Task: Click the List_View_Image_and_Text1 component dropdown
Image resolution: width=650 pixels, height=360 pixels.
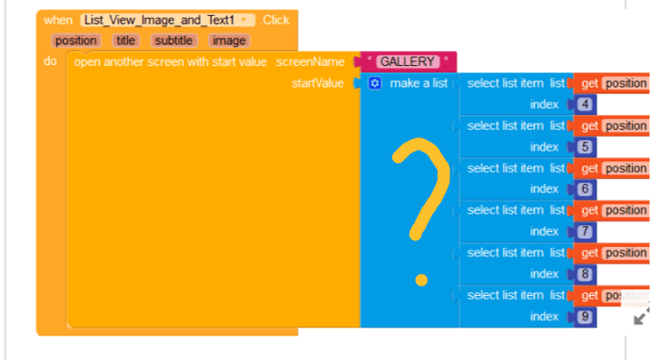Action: (168, 20)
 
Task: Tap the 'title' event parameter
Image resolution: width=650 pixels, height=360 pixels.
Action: (125, 41)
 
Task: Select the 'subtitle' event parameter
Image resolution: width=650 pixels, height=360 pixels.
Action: (173, 41)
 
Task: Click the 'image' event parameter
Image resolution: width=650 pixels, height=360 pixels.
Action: (229, 41)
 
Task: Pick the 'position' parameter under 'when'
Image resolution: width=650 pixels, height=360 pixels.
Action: (76, 41)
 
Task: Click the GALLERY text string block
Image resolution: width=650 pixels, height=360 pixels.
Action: (408, 62)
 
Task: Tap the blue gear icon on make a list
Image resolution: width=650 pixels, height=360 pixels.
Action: (375, 83)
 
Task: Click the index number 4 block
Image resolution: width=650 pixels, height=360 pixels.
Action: (585, 104)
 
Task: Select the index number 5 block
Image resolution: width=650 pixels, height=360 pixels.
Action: (585, 146)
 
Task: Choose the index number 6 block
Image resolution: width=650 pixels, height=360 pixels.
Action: (585, 188)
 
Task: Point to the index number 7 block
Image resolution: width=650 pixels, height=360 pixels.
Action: (585, 231)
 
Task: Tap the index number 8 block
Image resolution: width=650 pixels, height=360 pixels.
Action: (585, 273)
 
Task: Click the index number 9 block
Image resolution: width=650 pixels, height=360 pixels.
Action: (585, 317)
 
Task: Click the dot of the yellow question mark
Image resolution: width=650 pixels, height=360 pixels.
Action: (421, 281)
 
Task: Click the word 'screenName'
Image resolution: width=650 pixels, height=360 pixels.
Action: (311, 62)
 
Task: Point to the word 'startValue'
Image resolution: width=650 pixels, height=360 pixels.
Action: (317, 83)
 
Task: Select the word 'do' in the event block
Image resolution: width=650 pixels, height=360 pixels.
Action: (50, 61)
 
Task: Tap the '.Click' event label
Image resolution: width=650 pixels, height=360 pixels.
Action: (274, 20)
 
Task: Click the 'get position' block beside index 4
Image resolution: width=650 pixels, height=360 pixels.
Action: (611, 83)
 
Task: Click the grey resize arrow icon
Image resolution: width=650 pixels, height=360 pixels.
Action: (642, 316)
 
